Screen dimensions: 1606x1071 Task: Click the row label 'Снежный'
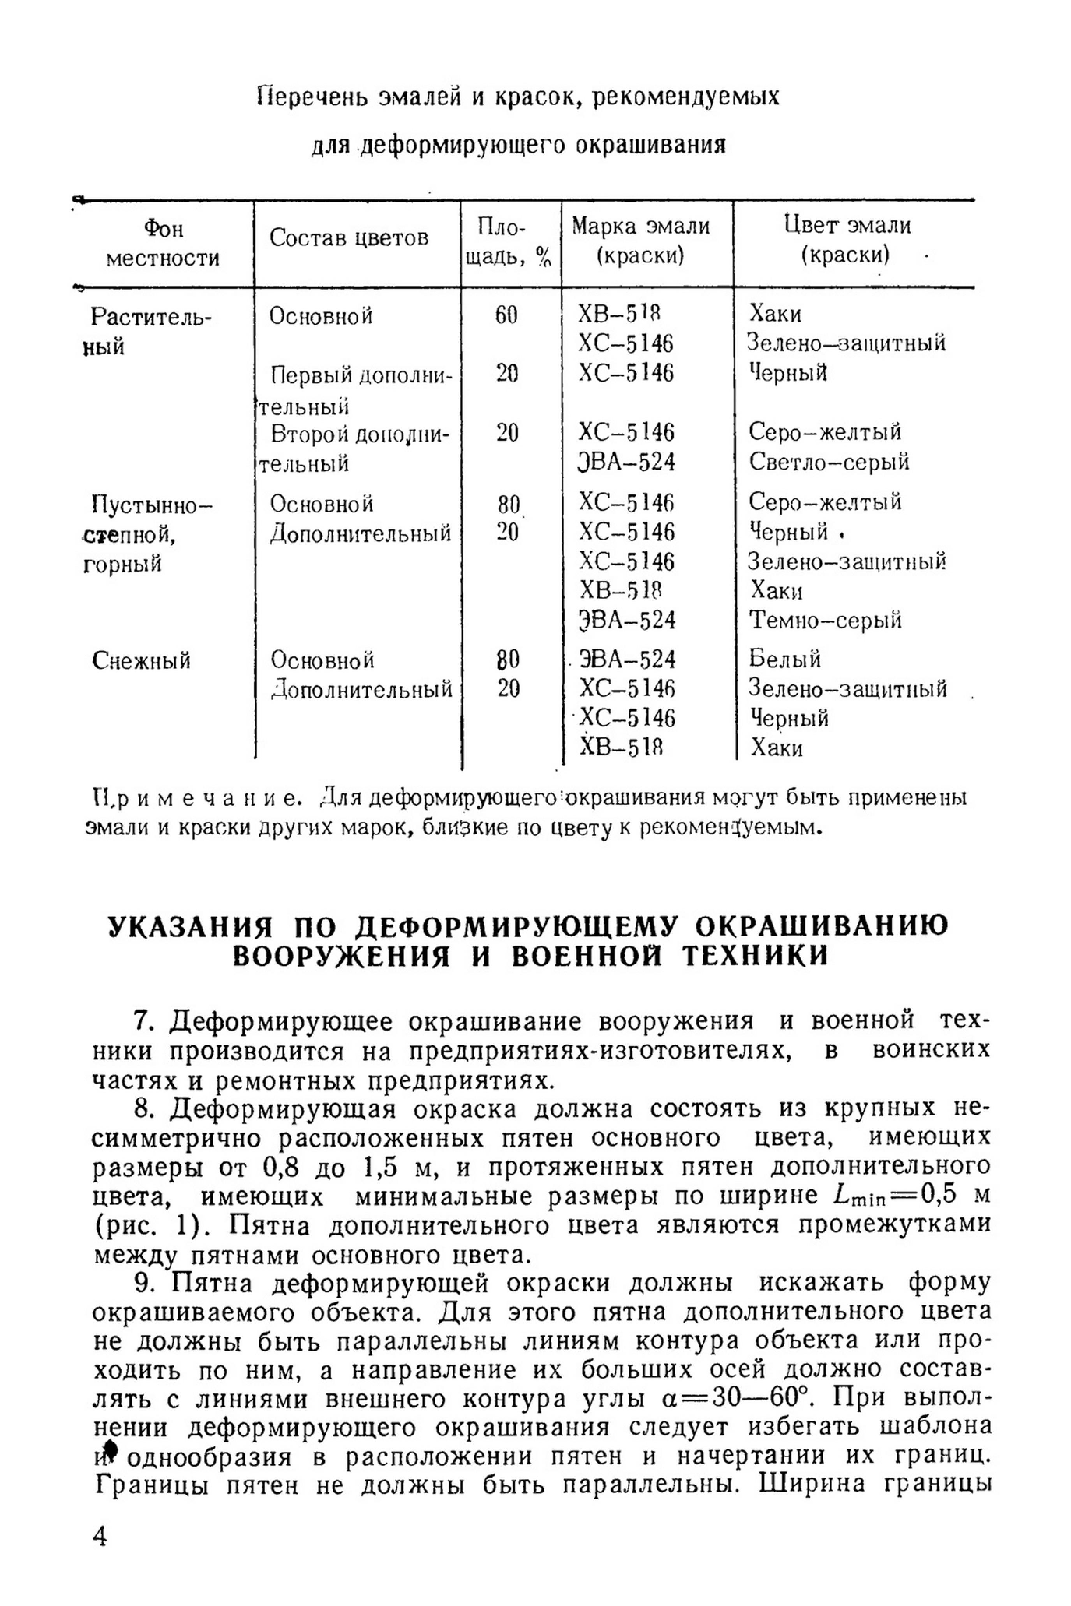coord(141,660)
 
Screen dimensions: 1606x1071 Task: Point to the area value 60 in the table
coord(506,315)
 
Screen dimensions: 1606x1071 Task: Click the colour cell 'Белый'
coord(785,658)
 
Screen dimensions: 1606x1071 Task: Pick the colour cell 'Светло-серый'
coord(828,462)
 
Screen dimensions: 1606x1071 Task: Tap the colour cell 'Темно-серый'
coord(825,620)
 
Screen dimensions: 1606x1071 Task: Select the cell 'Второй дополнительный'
coord(355,448)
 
